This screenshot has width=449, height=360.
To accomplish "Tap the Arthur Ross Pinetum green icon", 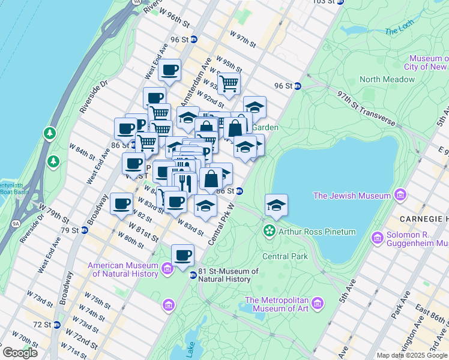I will (x=270, y=231).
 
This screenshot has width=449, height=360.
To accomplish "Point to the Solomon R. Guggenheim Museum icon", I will (x=377, y=238).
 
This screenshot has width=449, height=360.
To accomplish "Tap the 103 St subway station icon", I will (x=340, y=2).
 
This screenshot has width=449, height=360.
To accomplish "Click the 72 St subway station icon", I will (x=56, y=325).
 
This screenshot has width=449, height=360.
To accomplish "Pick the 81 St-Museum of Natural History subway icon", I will (x=193, y=275).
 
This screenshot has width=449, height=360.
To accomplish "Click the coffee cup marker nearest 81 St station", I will (x=183, y=255).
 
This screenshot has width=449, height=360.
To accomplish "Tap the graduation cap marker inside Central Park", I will (x=276, y=205).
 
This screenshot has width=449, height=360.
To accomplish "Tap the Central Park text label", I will (x=285, y=256).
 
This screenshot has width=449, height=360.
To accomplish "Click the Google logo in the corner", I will (x=20, y=352).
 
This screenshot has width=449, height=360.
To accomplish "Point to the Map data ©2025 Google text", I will (x=412, y=355).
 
